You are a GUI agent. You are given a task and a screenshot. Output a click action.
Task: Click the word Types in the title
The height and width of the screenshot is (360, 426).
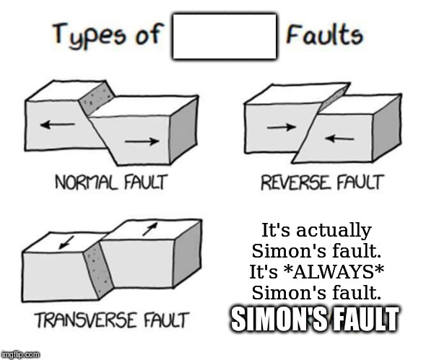click(x=89, y=35)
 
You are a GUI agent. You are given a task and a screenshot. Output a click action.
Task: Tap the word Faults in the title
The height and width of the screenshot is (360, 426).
click(x=324, y=34)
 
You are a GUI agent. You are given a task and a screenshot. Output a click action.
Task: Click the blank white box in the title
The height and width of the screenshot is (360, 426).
click(x=225, y=36)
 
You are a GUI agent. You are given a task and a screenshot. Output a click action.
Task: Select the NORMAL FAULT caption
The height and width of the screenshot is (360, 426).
click(x=111, y=183)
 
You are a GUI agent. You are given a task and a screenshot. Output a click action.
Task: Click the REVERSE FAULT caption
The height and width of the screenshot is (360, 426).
click(x=323, y=183)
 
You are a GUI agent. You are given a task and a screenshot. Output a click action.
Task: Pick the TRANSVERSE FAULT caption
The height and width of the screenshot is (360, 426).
click(x=112, y=320)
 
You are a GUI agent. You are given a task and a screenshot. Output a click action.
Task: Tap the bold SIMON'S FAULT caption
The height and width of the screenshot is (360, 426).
click(x=315, y=320)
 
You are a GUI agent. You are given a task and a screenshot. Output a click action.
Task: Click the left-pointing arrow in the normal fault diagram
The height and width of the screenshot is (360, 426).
click(x=57, y=125)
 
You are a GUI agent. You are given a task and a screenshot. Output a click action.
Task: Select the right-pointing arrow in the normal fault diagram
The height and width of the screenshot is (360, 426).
click(x=142, y=141)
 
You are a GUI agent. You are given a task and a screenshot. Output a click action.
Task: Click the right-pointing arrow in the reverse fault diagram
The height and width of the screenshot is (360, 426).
click(x=281, y=127)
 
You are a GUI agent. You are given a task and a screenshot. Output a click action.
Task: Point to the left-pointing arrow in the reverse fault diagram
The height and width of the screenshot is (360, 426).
click(x=339, y=139)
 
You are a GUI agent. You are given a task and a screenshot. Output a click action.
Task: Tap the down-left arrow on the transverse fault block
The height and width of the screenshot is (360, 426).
click(x=66, y=242)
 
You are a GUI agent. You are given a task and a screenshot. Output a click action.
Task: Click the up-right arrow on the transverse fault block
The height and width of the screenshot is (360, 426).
click(x=150, y=229)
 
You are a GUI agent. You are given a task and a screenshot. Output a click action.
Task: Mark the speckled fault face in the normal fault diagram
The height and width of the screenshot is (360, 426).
click(x=97, y=97)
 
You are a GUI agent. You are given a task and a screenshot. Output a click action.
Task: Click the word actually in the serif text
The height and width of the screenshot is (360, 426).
click(x=334, y=231)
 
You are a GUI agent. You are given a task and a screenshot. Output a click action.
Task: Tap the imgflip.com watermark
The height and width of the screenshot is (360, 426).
click(x=20, y=354)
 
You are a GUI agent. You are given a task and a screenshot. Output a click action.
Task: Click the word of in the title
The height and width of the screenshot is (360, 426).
click(x=150, y=34)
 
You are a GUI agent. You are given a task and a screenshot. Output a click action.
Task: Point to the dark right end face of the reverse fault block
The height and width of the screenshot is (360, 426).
click(x=387, y=127)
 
